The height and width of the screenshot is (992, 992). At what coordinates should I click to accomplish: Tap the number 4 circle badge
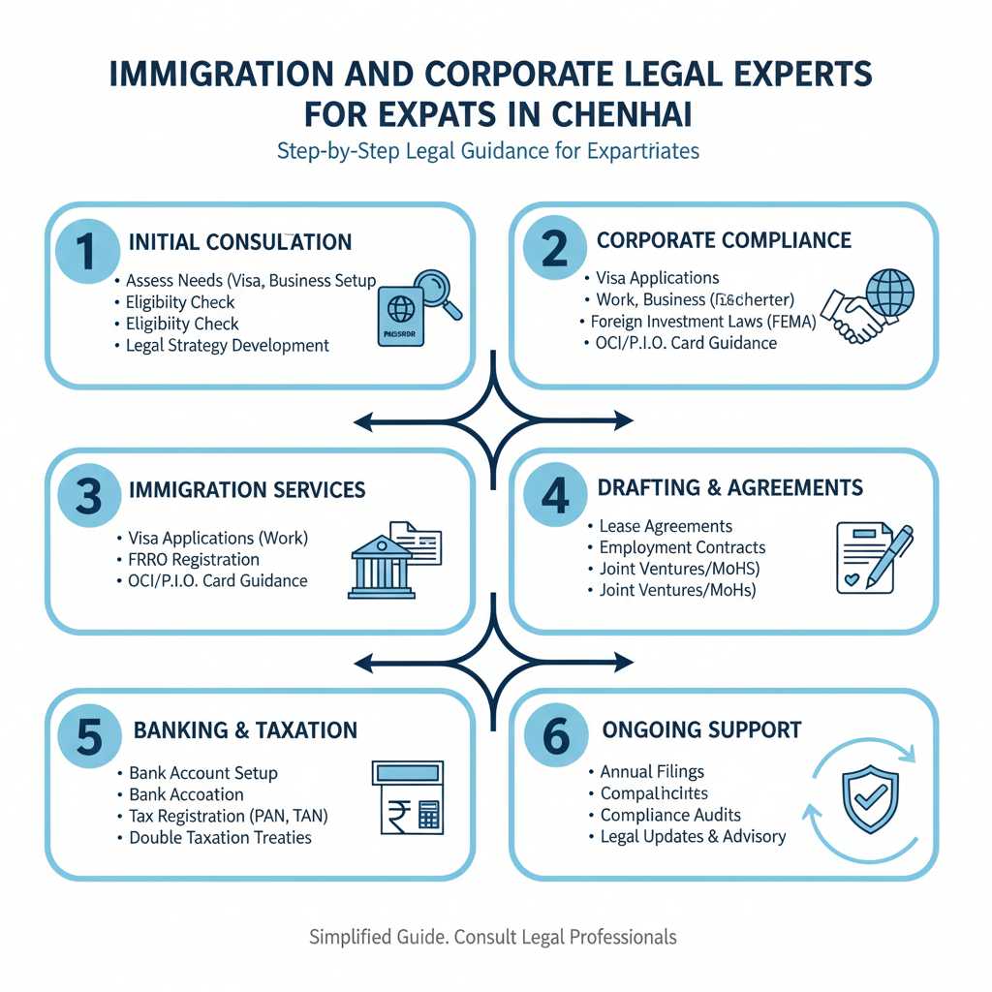click(554, 495)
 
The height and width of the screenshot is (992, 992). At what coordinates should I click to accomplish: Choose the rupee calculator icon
click(407, 795)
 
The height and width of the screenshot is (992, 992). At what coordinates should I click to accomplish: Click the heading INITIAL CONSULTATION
click(239, 241)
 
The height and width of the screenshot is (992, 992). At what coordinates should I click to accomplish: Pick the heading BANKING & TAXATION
click(245, 730)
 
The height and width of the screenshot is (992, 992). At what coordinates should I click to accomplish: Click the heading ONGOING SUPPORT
click(701, 729)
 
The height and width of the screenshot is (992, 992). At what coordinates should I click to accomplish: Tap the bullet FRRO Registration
click(194, 559)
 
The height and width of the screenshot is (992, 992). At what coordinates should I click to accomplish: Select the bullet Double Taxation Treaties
click(220, 837)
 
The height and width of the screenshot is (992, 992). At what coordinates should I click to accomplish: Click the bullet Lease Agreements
click(666, 526)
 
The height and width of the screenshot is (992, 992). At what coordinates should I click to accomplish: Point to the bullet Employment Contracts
click(682, 547)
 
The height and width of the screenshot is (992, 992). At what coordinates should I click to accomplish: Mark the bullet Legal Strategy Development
click(228, 345)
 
